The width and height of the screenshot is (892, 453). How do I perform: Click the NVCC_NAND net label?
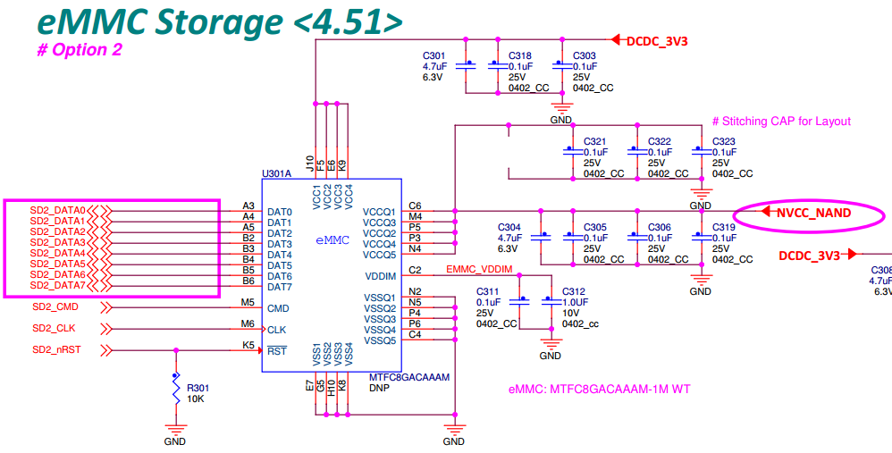point(813,214)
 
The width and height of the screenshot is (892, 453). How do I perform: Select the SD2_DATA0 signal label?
point(57,210)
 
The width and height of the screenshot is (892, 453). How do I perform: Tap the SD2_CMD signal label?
point(55,307)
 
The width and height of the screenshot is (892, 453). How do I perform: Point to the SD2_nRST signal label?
point(55,349)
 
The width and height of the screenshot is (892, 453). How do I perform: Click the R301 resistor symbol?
point(176,390)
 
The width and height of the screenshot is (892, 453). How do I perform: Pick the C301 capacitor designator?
point(434,55)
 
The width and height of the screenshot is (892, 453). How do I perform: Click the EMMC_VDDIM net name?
point(479,269)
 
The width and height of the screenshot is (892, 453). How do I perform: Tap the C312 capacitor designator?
point(574,292)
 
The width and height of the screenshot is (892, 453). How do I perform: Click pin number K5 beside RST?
point(248,344)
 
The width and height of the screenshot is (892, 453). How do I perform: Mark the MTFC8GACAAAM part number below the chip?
point(408,378)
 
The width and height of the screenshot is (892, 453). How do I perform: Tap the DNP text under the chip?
point(380,390)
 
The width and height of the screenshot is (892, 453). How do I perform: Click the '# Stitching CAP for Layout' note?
point(781,122)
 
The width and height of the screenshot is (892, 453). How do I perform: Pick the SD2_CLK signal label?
point(54,328)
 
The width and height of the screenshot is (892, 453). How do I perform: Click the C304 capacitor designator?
point(509,227)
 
